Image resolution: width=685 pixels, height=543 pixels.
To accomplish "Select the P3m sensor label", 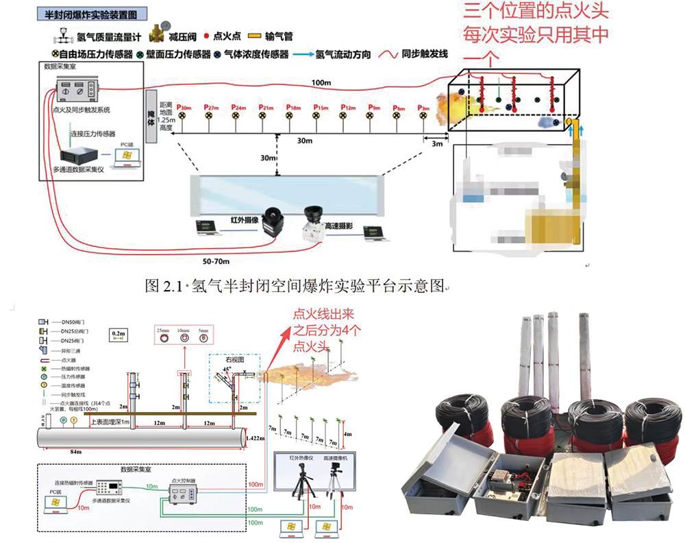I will click(424, 108).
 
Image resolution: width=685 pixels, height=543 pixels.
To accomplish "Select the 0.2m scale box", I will click(118, 334).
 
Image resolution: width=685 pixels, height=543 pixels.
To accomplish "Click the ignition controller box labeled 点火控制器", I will click(184, 492).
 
